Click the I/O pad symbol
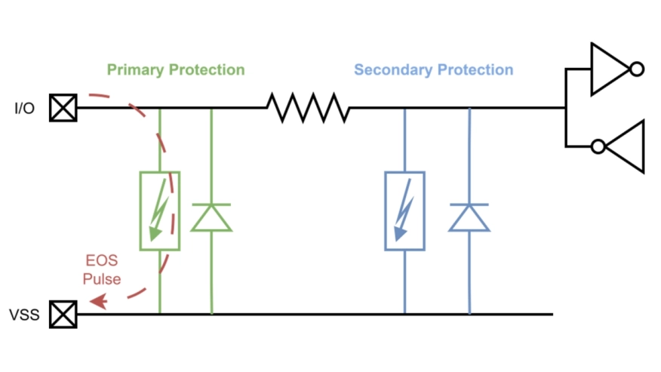[63, 108]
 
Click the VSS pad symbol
[63, 314]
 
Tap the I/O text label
[25, 109]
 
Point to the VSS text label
[24, 315]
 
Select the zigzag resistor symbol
[308, 108]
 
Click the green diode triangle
[211, 217]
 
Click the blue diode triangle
[469, 217]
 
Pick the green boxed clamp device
[159, 211]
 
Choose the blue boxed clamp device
[404, 211]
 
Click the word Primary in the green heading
[134, 70]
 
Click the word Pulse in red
[102, 279]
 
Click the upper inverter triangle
[608, 69]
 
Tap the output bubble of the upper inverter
[636, 69]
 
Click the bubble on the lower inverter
[598, 146]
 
